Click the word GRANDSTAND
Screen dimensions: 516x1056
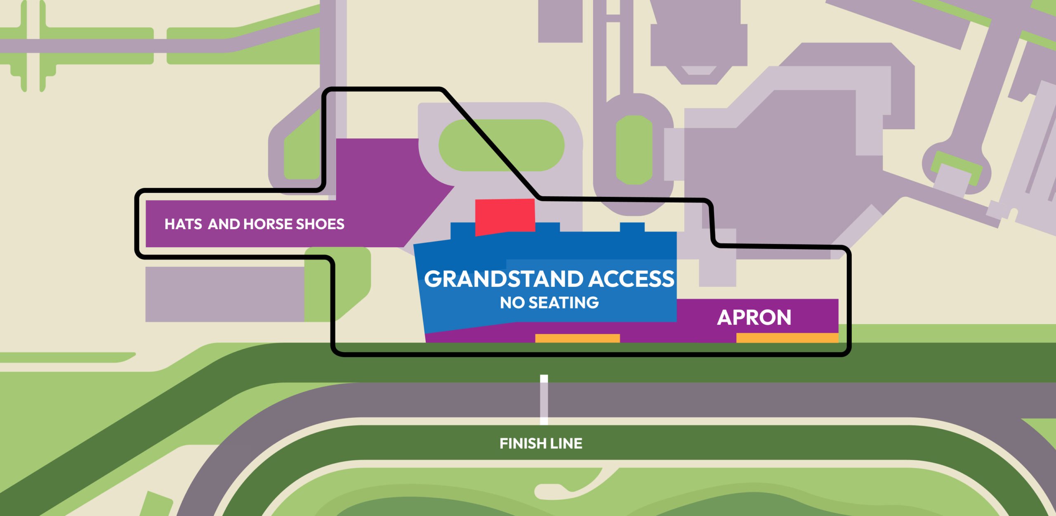[x=504, y=279]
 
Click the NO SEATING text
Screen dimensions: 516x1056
[x=549, y=303]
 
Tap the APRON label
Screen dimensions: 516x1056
[x=754, y=317]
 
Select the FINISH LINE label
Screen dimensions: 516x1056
[x=541, y=444]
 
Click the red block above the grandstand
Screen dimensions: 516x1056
[x=505, y=217]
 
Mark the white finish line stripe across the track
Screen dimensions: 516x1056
[x=544, y=400]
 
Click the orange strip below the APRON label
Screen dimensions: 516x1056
[x=787, y=338]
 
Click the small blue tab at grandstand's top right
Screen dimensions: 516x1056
[x=632, y=227]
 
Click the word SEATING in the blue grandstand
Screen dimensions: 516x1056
[x=563, y=303]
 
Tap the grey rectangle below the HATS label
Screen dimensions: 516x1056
[x=225, y=294]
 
